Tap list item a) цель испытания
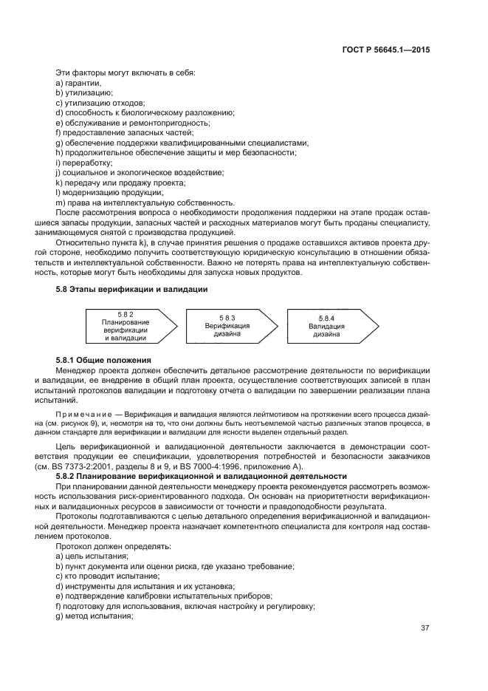tap(92, 555)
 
